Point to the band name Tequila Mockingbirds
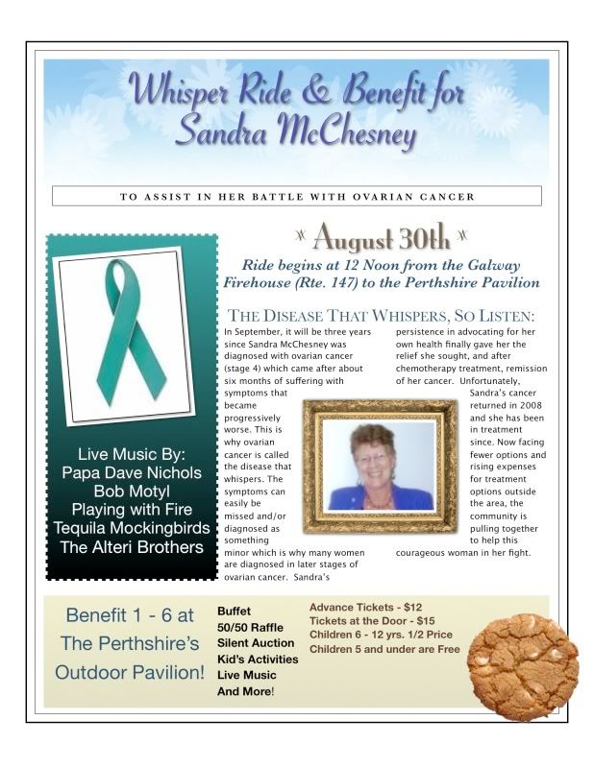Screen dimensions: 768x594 pos(132,528)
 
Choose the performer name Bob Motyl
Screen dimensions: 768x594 pos(132,491)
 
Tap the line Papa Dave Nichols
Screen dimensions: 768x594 pos(132,471)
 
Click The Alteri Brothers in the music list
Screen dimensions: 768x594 pos(132,547)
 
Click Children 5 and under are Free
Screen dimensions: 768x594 pos(384,649)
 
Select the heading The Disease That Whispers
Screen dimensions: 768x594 pos(382,316)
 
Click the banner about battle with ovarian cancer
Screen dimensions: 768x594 pos(297,197)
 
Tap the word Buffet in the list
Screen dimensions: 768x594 pos(235,610)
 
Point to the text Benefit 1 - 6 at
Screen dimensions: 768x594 pos(129,614)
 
